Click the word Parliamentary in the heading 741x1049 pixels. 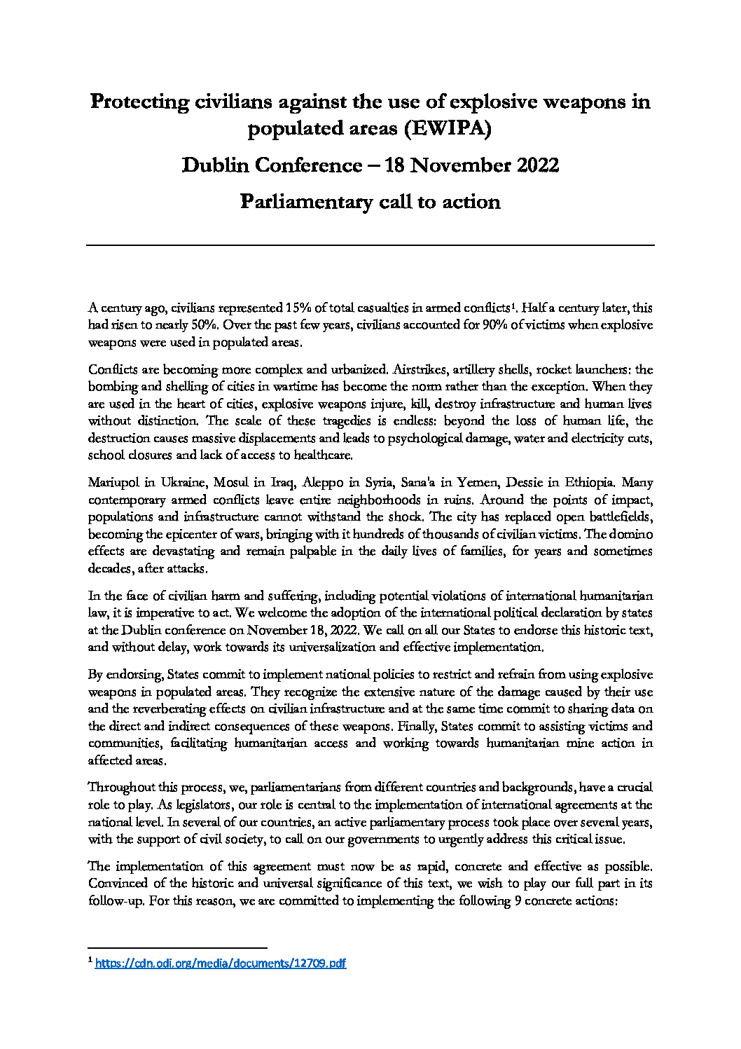(306, 202)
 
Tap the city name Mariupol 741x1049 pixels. (113, 483)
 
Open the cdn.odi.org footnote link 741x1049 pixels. (220, 964)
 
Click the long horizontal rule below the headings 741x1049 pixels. (370, 245)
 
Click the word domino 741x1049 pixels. (632, 535)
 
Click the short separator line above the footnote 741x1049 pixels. (178, 948)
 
